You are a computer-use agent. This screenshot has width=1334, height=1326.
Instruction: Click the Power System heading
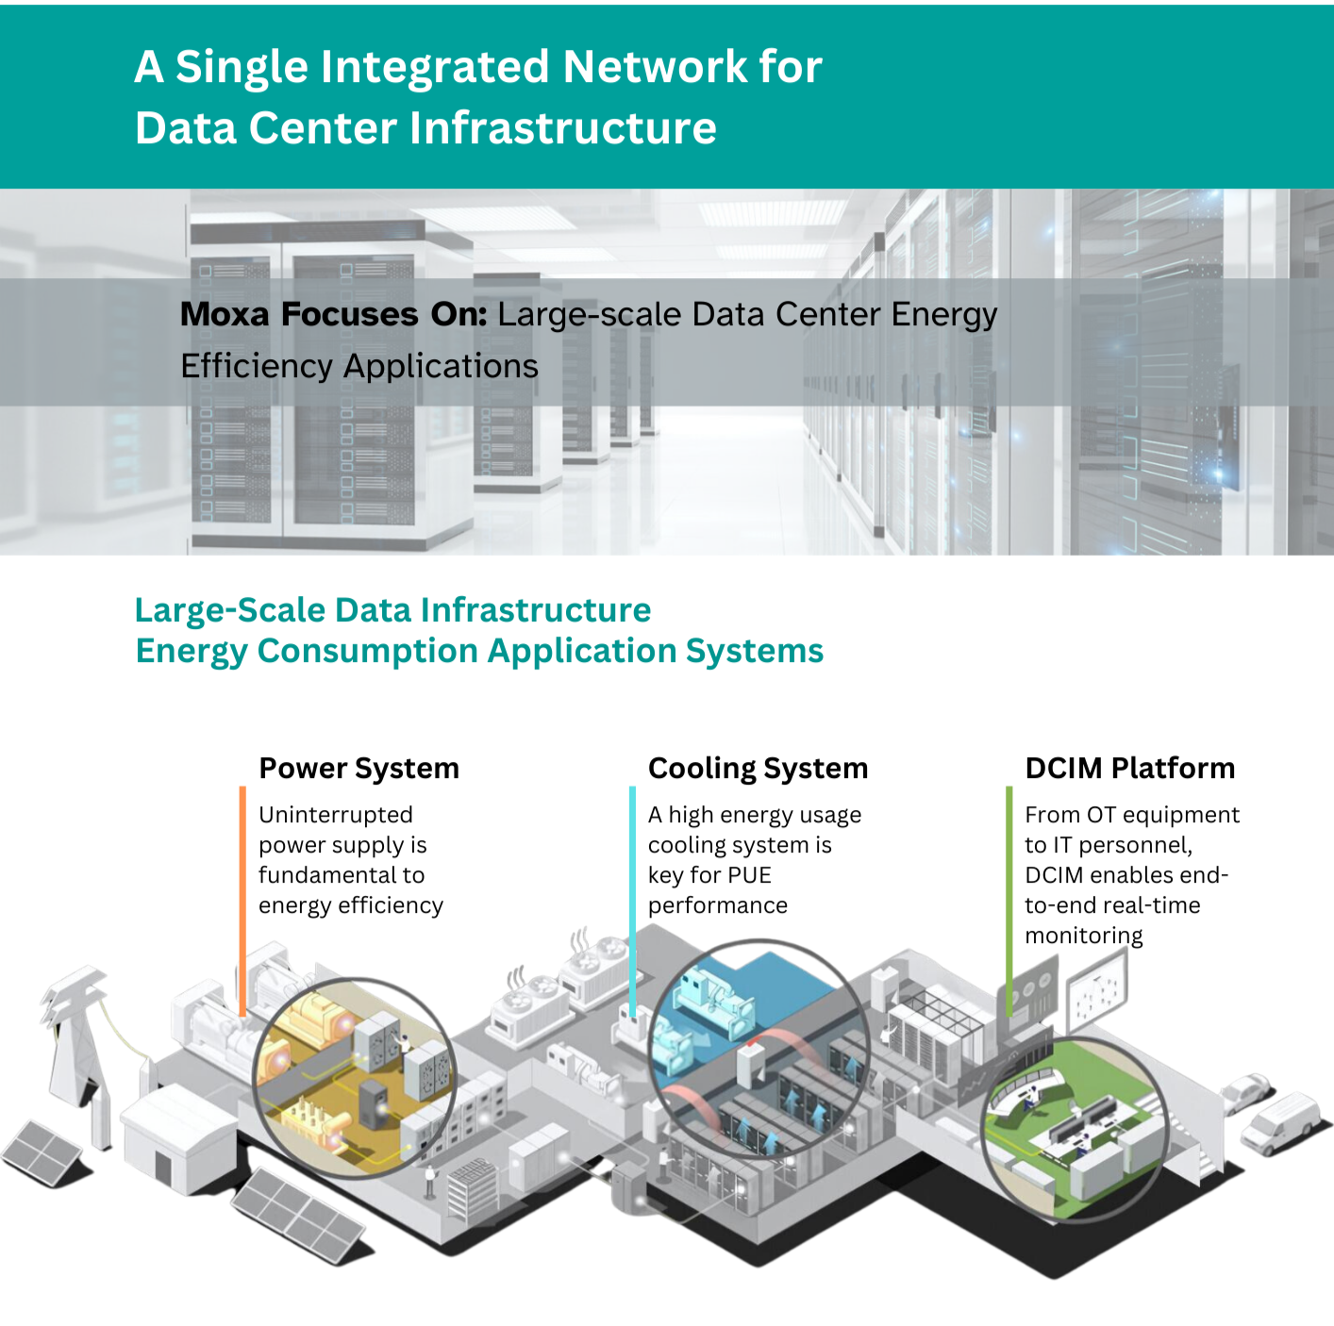359,769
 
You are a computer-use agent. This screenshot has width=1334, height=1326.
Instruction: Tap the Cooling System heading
758,769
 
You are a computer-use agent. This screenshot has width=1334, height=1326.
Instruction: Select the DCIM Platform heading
1130,769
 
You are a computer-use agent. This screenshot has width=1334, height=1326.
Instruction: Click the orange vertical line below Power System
242,901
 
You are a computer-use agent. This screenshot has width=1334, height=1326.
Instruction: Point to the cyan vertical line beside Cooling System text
633,901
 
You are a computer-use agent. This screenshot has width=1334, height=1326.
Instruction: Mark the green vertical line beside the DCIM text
1009,901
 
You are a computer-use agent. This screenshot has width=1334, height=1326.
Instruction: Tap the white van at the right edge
1283,1124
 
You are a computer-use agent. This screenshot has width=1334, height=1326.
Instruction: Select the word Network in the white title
655,67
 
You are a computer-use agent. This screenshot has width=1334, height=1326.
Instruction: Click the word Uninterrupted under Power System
336,815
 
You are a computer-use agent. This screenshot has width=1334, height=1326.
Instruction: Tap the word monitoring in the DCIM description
1084,936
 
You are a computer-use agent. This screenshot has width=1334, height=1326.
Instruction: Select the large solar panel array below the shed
299,1215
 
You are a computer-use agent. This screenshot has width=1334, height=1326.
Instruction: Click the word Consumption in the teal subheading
367,652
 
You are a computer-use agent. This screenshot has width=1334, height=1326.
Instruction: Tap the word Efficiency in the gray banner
256,366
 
